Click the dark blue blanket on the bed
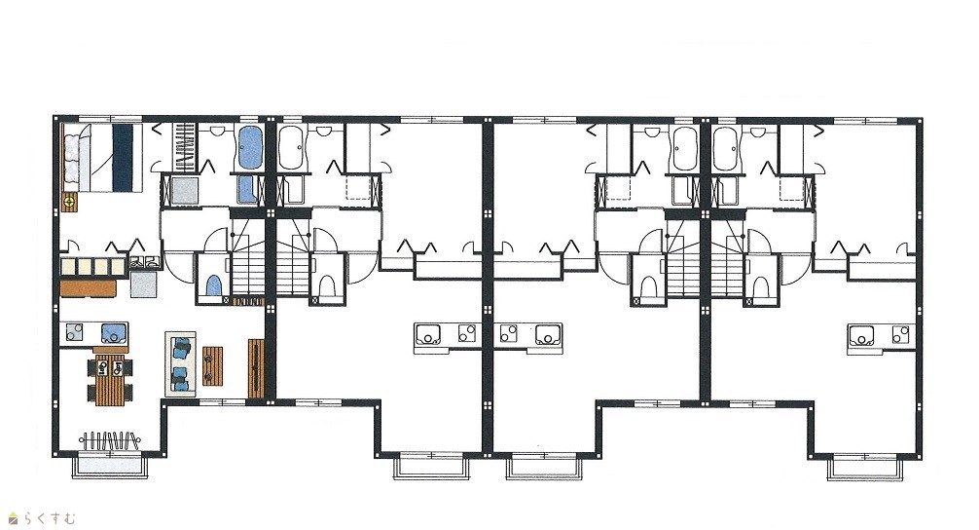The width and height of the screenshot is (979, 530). (x=124, y=158)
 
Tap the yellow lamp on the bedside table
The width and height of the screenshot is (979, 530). (x=69, y=202)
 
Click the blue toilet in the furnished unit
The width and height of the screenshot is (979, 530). (x=213, y=285)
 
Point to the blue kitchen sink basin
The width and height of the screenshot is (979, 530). (x=114, y=333)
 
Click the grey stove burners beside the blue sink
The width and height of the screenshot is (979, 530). (x=74, y=332)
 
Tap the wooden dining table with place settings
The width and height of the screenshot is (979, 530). (x=110, y=380)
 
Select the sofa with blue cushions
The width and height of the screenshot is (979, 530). (x=180, y=363)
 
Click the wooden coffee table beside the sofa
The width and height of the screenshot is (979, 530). (x=213, y=365)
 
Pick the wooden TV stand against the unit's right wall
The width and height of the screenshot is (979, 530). (x=257, y=368)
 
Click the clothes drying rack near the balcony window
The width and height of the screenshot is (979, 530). (x=110, y=440)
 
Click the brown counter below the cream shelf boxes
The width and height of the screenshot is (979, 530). (x=89, y=288)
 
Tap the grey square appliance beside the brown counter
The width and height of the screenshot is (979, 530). (x=143, y=284)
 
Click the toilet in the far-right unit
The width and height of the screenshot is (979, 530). (x=759, y=288)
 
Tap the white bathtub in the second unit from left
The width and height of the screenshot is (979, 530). (x=290, y=148)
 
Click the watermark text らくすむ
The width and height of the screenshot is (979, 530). (x=50, y=518)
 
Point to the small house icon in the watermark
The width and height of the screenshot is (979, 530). (x=13, y=518)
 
